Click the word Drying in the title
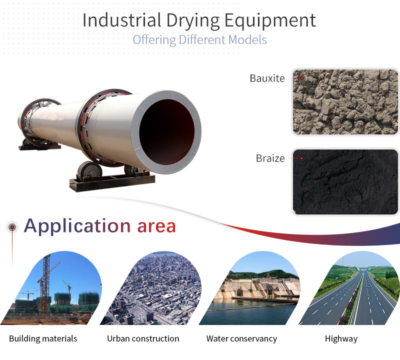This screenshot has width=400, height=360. tap(193, 21)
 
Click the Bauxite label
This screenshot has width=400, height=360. tap(267, 78)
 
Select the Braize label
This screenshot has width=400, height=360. tap(270, 158)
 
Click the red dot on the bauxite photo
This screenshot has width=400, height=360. tap(302, 78)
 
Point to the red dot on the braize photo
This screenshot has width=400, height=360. tap(302, 158)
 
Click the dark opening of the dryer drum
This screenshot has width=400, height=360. tap(167, 131)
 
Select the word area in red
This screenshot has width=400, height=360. tap(156, 226)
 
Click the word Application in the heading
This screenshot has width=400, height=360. tap(77, 226)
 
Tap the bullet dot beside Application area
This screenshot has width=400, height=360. tap(12, 227)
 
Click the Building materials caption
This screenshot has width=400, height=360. tap(43, 338)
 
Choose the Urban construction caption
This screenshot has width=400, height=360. tap(143, 338)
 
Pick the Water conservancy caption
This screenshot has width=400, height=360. tap(241, 339)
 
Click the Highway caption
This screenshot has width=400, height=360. tap(341, 339)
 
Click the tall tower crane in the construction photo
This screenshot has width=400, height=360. tap(46, 283)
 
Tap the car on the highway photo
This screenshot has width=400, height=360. tap(367, 287)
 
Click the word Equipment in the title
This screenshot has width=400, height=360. tap(270, 21)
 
